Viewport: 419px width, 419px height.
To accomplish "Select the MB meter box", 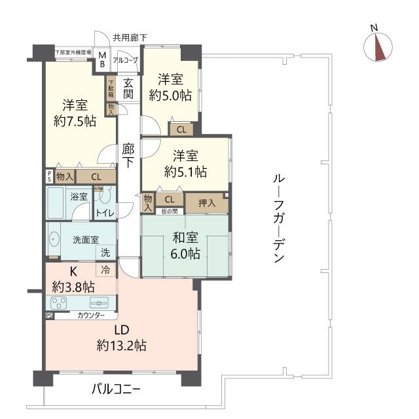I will (102, 60).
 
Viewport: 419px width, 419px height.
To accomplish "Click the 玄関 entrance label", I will (128, 88).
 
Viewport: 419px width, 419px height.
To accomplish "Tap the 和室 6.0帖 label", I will (187, 247).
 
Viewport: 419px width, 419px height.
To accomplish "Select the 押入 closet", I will (206, 203).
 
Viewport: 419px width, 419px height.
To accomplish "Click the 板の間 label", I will (170, 210).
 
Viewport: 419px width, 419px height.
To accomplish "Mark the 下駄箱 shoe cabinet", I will (111, 88).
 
